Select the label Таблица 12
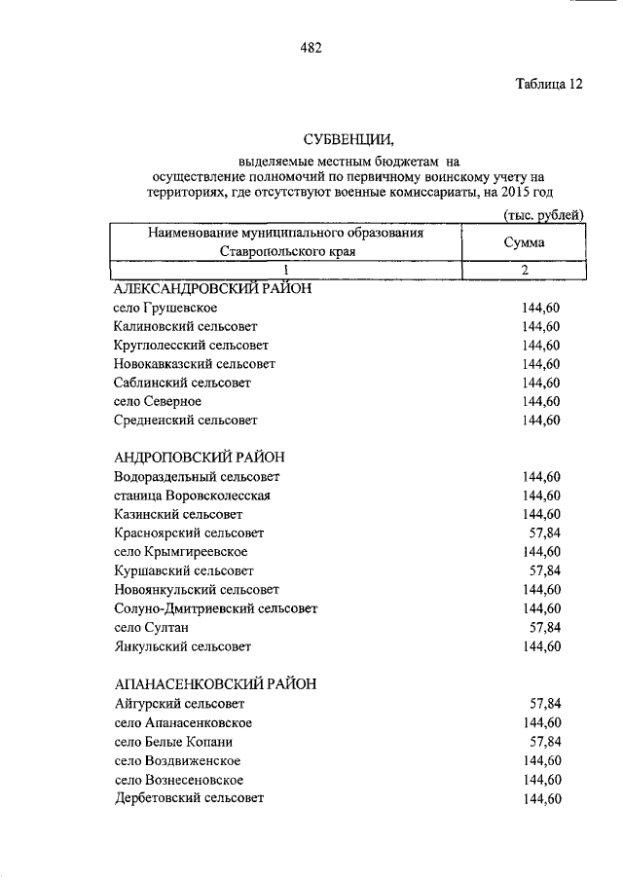tap(549, 84)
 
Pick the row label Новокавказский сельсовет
tap(195, 364)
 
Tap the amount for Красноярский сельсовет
tap(545, 532)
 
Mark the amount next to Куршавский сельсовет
tap(545, 570)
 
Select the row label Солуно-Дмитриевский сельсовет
tap(215, 608)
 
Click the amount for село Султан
tap(545, 627)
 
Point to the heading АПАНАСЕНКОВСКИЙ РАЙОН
tap(215, 684)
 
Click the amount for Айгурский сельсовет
tap(545, 703)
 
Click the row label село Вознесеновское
tap(178, 779)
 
